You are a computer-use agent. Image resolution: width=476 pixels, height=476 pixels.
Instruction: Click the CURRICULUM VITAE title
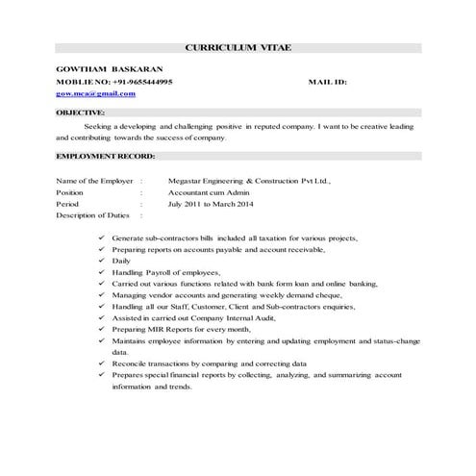(x=237, y=47)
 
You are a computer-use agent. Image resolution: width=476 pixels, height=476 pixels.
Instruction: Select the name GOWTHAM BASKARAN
(x=95, y=70)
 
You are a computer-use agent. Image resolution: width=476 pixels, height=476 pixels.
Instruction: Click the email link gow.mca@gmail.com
(x=95, y=94)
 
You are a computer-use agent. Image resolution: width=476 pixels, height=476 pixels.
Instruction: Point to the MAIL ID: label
(x=327, y=83)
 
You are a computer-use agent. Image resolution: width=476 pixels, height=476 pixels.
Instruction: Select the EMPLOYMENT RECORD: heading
(x=103, y=155)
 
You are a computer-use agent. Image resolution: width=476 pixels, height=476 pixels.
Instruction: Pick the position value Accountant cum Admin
(x=210, y=192)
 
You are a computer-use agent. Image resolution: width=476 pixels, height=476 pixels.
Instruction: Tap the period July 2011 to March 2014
(x=213, y=204)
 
